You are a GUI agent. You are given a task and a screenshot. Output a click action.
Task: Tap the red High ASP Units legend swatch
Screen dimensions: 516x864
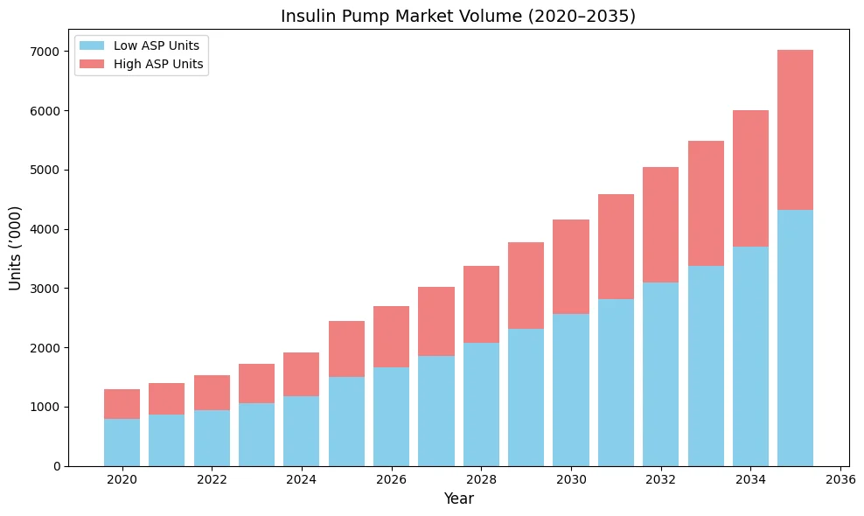(x=92, y=64)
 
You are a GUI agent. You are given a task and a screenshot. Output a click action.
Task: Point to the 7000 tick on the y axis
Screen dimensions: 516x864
(x=45, y=52)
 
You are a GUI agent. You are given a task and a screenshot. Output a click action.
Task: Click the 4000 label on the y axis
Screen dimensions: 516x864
(x=45, y=229)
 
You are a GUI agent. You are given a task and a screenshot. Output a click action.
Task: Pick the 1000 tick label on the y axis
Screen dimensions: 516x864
(x=45, y=407)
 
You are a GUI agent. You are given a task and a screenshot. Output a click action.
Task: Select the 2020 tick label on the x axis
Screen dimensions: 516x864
(x=122, y=479)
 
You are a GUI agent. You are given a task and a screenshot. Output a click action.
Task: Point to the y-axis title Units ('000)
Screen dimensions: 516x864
(x=15, y=248)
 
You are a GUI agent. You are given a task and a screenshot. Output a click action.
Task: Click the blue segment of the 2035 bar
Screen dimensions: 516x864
(x=795, y=338)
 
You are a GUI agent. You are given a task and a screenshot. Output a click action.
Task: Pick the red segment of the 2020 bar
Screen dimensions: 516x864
(x=122, y=404)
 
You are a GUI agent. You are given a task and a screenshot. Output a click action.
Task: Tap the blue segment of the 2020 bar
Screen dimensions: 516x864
(x=122, y=443)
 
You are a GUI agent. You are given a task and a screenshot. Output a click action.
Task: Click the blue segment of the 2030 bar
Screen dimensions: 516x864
(x=571, y=390)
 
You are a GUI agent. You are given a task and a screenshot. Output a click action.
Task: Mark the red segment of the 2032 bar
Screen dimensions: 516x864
(x=660, y=225)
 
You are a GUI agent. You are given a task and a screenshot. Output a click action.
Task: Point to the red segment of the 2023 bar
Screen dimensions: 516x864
(x=256, y=383)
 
